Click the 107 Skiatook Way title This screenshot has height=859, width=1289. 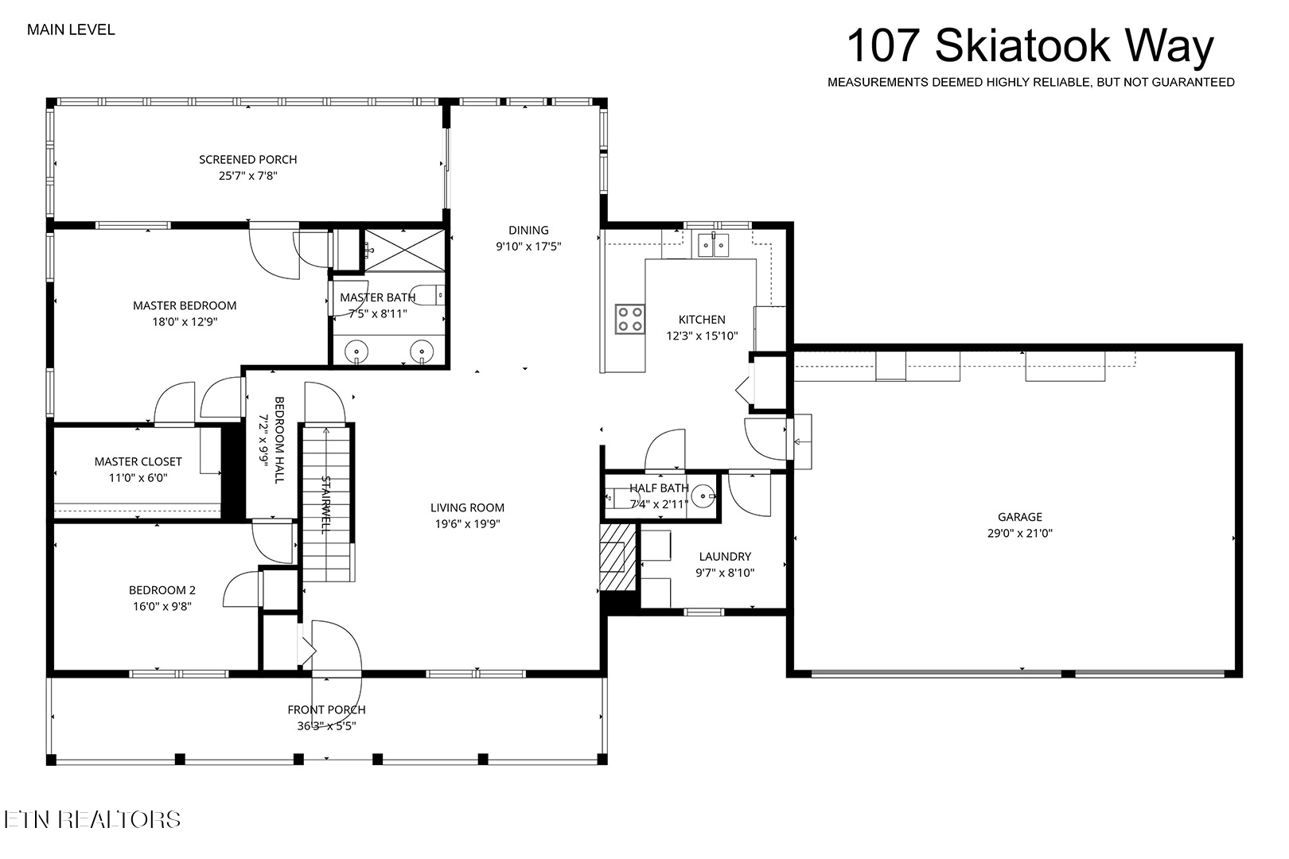[x=1030, y=46]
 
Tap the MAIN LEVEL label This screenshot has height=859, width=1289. [x=71, y=30]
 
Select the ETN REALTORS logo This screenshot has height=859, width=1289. [x=92, y=820]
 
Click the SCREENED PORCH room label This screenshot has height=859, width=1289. [x=248, y=159]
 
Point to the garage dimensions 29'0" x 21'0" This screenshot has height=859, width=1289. [x=1020, y=534]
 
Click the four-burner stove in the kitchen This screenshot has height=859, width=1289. [x=629, y=319]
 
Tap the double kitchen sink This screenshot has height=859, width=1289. [x=713, y=245]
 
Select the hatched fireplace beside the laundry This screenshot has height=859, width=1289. [x=617, y=557]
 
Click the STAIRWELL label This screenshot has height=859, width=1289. [x=326, y=504]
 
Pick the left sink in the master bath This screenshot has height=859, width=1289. [x=356, y=351]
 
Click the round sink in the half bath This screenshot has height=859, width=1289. [x=703, y=496]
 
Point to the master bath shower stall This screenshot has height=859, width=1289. [x=404, y=251]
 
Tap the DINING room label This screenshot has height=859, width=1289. [x=528, y=230]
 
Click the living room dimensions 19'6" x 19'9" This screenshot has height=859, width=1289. [x=467, y=524]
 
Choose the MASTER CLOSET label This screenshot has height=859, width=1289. [x=138, y=461]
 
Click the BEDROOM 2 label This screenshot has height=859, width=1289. [x=162, y=590]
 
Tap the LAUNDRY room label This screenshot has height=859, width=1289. [x=725, y=557]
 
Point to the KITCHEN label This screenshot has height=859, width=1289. [x=702, y=319]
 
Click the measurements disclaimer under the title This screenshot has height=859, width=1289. [x=1030, y=82]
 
